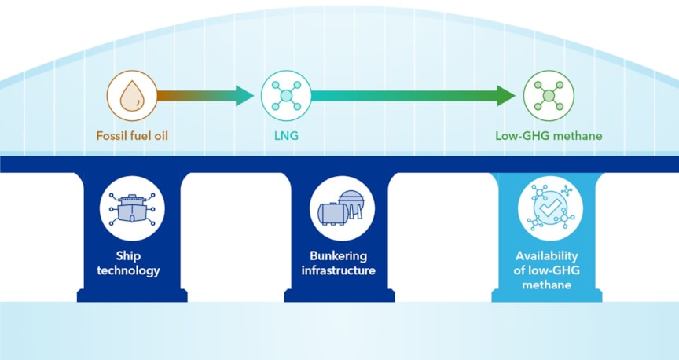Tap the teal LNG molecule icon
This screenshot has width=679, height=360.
[x=286, y=96]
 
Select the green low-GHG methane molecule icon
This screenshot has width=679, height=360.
[x=548, y=96]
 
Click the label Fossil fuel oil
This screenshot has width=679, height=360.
[x=132, y=136]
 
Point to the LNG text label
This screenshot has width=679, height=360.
[x=286, y=136]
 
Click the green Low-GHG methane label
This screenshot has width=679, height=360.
[x=548, y=136]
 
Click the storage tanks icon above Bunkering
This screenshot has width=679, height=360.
[x=338, y=209]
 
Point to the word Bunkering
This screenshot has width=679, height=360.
[x=338, y=256]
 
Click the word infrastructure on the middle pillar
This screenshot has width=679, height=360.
[x=338, y=271]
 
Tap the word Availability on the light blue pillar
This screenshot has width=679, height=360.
[x=546, y=256]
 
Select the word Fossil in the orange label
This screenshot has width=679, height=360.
[x=109, y=136]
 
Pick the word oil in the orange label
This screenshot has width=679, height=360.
[x=161, y=136]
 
